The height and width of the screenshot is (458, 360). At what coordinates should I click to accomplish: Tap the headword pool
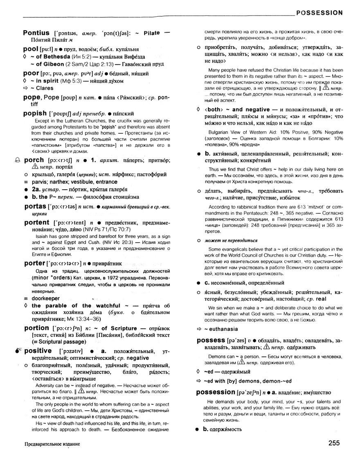32,48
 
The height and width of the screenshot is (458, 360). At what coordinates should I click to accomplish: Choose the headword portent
37,222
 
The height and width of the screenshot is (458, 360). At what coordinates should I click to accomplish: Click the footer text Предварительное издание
52,444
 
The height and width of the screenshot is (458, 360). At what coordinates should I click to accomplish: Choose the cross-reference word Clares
45,88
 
